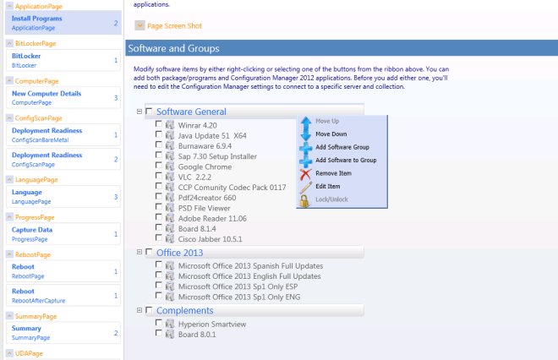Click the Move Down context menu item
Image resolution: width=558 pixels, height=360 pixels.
pos(331,134)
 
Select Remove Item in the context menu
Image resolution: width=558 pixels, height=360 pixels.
pos(333,173)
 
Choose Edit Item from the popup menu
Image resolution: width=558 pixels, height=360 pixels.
pos(328,187)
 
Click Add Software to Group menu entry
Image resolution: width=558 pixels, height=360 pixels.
pos(346,160)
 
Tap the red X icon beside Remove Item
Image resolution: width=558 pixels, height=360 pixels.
pos(305,174)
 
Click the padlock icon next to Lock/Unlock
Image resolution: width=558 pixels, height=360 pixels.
pos(304,200)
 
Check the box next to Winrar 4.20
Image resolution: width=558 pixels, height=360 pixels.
pos(159,123)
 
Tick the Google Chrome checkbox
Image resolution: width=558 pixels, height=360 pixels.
pos(159,166)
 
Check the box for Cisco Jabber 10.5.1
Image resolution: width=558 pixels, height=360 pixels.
pos(159,237)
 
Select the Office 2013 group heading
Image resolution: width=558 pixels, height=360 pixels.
pos(180,253)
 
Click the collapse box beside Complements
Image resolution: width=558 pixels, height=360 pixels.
pos(139,310)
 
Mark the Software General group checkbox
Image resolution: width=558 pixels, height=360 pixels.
pos(149,112)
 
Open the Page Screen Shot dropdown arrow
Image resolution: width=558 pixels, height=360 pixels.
pos(139,25)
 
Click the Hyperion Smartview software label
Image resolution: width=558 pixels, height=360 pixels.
pos(212,324)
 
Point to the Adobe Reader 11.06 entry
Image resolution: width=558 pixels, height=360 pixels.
pos(212,218)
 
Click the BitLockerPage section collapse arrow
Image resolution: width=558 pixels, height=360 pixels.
pos(9,43)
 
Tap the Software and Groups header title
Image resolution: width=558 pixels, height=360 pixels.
pos(173,48)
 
